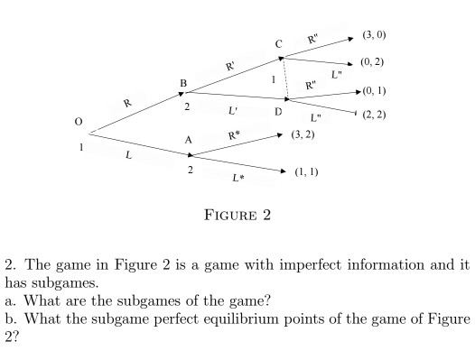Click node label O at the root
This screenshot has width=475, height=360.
click(79, 122)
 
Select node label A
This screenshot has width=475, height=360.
click(188, 140)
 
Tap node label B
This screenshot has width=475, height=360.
click(183, 83)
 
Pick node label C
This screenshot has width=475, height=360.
click(279, 44)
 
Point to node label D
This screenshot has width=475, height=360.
click(278, 112)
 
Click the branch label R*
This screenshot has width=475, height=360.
click(234, 135)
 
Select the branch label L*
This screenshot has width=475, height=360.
click(238, 178)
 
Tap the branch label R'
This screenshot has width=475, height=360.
click(230, 66)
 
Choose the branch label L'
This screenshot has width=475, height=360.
click(232, 111)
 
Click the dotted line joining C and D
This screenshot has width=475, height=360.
click(285, 78)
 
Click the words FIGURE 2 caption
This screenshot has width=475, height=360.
click(237, 215)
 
